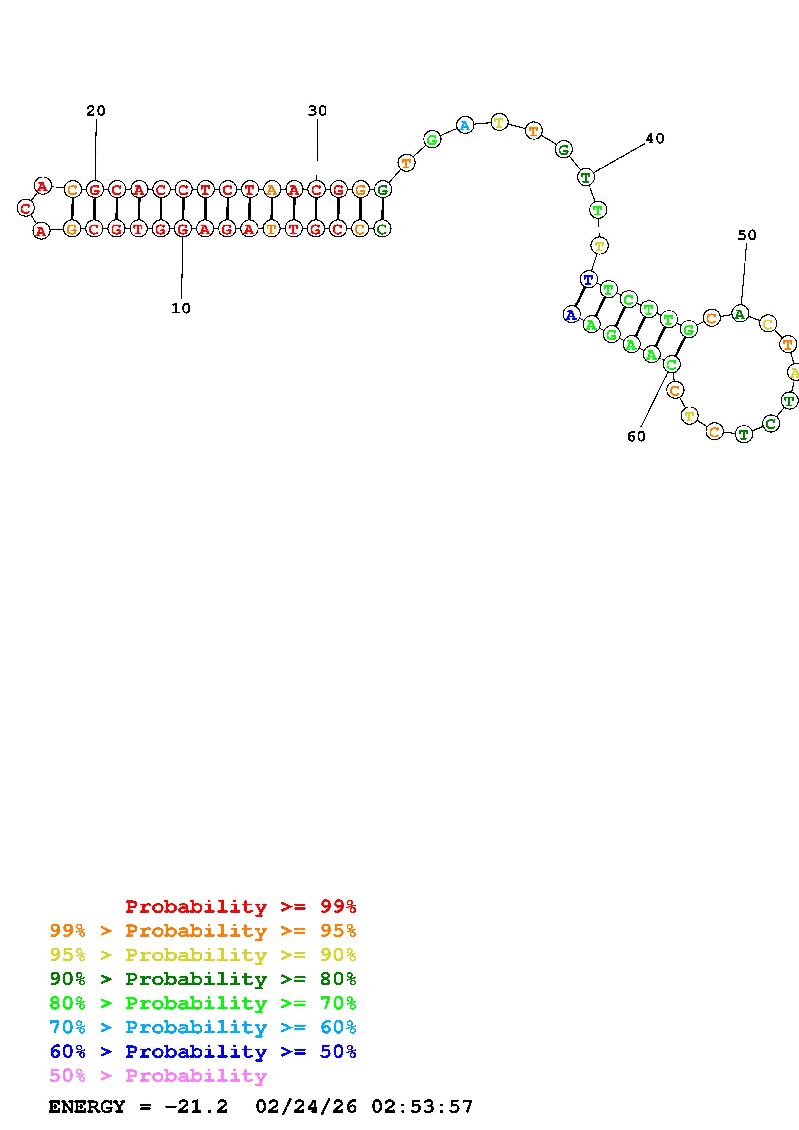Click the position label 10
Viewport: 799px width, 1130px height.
pos(181,309)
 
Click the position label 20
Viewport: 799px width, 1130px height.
pos(96,111)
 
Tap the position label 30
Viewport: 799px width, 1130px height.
pos(317,111)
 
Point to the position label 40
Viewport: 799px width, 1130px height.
pos(655,139)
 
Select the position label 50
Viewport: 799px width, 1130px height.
pos(747,235)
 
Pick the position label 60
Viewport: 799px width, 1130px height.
pos(636,436)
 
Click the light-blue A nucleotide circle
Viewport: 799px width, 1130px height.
pos(465,126)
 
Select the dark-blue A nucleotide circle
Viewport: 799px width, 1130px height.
pos(571,314)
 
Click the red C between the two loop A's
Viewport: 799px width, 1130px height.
pos(25,208)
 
